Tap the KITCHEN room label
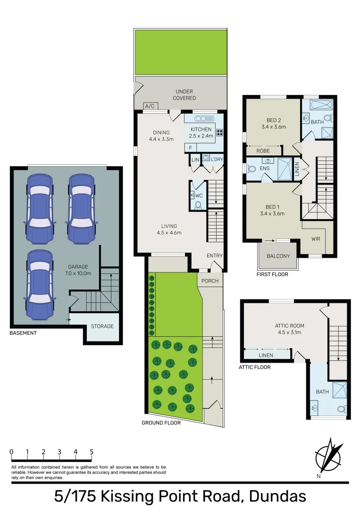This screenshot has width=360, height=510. click(201, 129)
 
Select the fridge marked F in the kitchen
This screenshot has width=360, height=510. click(191, 148)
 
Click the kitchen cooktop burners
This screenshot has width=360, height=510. click(220, 132)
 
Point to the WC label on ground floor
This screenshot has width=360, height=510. click(199, 195)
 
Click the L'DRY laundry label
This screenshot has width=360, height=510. click(217, 160)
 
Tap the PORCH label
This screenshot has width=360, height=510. click(210, 280)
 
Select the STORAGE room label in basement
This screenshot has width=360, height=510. click(102, 326)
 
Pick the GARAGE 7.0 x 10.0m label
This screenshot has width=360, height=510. click(78, 270)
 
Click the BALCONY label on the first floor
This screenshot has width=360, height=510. click(278, 256)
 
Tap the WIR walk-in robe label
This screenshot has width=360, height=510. click(316, 239)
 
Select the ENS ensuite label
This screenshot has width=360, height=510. click(265, 168)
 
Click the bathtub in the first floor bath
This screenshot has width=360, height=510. click(321, 105)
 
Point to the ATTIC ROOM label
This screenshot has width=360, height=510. click(290, 325)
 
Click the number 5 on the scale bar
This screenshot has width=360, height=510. click(92, 452)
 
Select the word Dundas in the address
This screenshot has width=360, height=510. click(277, 497)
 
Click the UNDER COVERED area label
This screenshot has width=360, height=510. click(184, 94)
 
